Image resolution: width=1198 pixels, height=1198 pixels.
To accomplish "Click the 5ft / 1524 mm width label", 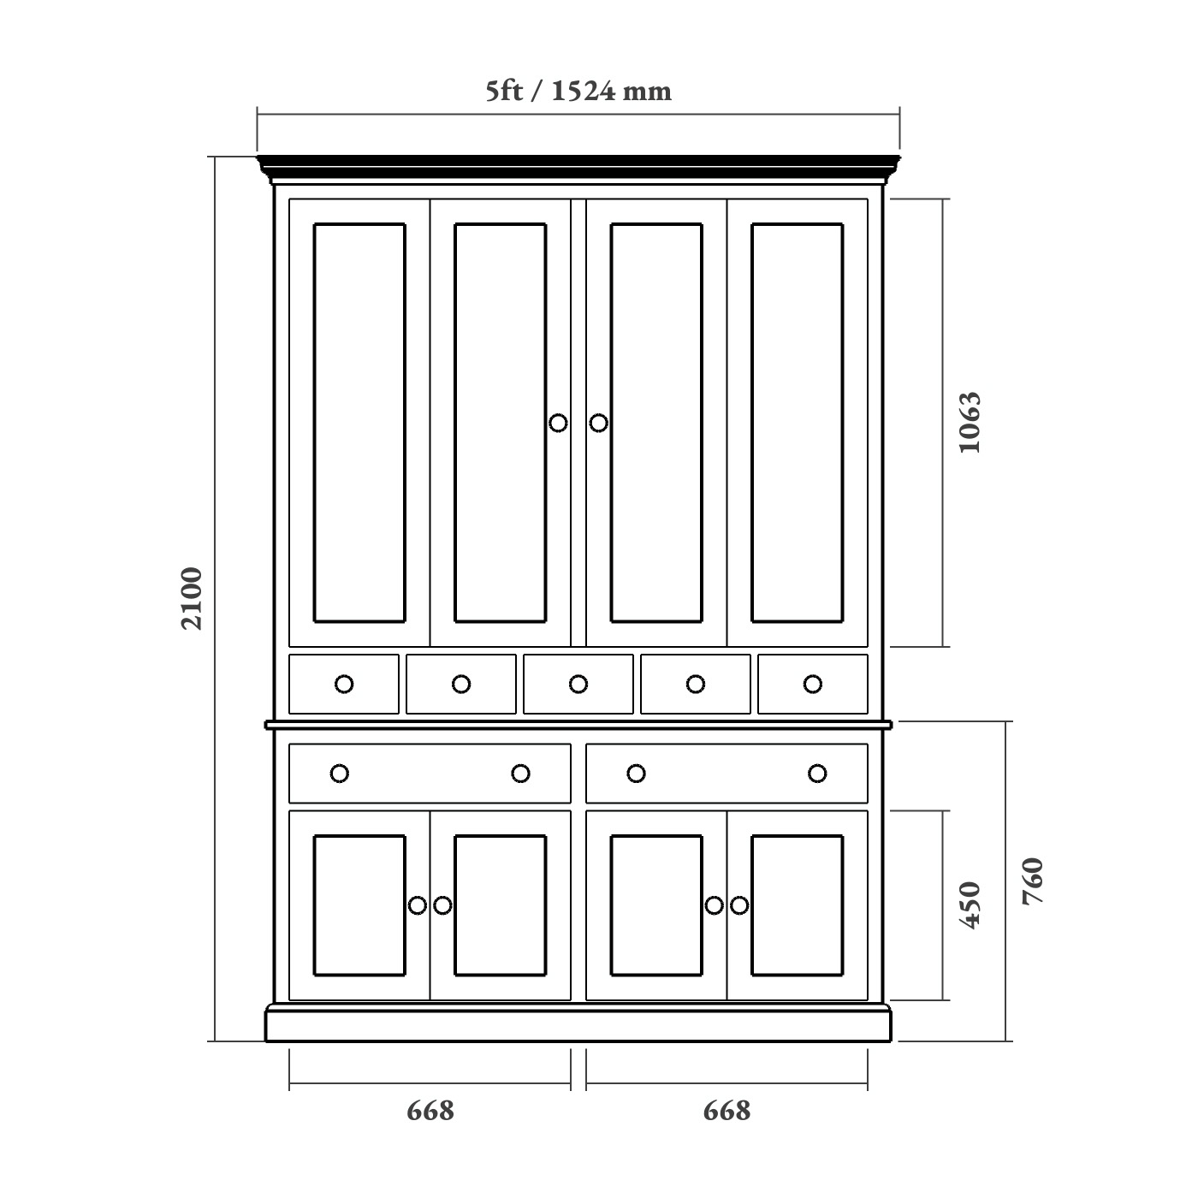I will click(578, 91).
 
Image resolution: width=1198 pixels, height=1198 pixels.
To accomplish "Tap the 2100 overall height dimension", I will click(192, 598).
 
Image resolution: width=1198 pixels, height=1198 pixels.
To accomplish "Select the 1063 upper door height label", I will click(970, 422).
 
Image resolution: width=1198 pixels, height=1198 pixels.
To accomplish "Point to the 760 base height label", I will click(1033, 881).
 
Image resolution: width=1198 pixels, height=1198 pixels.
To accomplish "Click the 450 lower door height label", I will click(970, 904).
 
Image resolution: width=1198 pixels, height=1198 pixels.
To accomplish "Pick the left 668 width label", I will click(430, 1111).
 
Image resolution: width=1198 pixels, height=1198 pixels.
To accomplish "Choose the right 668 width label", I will click(727, 1111).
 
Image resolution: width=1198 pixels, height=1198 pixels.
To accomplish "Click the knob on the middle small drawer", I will click(578, 684).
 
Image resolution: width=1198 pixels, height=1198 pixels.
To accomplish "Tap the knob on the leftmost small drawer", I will click(344, 684).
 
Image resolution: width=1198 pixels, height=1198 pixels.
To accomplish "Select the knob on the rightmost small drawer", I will click(813, 684).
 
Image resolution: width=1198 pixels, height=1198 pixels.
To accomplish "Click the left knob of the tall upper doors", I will click(558, 423).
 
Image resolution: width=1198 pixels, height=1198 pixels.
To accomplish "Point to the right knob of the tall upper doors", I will click(599, 423).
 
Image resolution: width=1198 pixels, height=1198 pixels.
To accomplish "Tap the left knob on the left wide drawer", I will click(340, 774).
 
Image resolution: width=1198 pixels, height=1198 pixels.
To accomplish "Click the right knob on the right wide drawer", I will click(817, 774).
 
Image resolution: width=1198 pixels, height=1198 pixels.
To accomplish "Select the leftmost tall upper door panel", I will click(359, 423).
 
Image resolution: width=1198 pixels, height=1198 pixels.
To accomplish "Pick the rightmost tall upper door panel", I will click(797, 423).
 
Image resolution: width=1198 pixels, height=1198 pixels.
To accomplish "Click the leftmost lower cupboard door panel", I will click(359, 905).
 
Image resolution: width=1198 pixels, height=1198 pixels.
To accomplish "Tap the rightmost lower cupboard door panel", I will click(797, 905).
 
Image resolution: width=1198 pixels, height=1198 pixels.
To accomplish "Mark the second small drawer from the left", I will click(461, 697).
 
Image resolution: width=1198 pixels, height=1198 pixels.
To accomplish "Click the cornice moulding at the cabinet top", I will click(578, 168).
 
